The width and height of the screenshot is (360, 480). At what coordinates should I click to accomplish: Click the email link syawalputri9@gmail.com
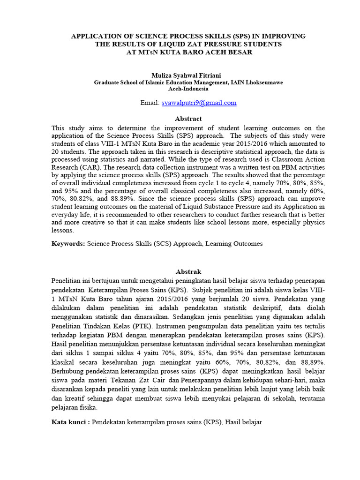(x=199, y=103)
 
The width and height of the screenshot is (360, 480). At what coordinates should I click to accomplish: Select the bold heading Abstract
(x=188, y=119)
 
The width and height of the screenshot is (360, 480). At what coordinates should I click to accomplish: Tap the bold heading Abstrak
(x=188, y=271)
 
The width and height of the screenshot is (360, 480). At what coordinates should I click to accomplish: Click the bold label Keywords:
(x=68, y=244)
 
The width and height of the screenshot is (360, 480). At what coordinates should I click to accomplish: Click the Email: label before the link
(x=150, y=103)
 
